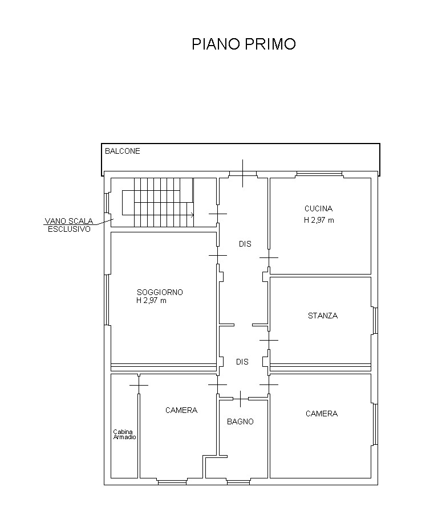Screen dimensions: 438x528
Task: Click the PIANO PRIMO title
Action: (x=244, y=44)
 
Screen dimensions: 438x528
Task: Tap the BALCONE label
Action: (x=123, y=151)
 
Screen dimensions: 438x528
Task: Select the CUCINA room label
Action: (x=319, y=209)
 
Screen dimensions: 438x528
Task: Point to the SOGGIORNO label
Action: (x=160, y=292)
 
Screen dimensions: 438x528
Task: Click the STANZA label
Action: (x=323, y=316)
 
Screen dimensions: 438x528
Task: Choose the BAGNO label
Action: (x=241, y=421)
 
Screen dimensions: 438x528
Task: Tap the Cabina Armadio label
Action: (x=124, y=435)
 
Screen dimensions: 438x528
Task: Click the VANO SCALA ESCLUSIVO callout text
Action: (x=69, y=225)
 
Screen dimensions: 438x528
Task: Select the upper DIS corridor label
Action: (x=245, y=244)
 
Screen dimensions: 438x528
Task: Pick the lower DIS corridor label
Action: (x=242, y=362)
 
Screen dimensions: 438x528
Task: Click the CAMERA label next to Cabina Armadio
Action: (x=181, y=410)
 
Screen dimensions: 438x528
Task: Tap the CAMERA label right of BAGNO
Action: (x=322, y=414)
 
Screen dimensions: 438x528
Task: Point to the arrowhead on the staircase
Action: (x=193, y=215)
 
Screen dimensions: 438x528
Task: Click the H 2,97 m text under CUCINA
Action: (x=319, y=220)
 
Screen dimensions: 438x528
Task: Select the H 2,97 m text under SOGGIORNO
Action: (x=151, y=301)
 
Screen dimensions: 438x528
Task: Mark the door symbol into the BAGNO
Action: (x=241, y=399)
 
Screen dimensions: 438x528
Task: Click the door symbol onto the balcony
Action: (x=243, y=173)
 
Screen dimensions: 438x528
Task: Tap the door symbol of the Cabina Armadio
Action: (x=139, y=385)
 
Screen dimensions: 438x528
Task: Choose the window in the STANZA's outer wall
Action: (x=375, y=321)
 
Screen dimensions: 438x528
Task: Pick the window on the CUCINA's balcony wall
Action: (x=319, y=174)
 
